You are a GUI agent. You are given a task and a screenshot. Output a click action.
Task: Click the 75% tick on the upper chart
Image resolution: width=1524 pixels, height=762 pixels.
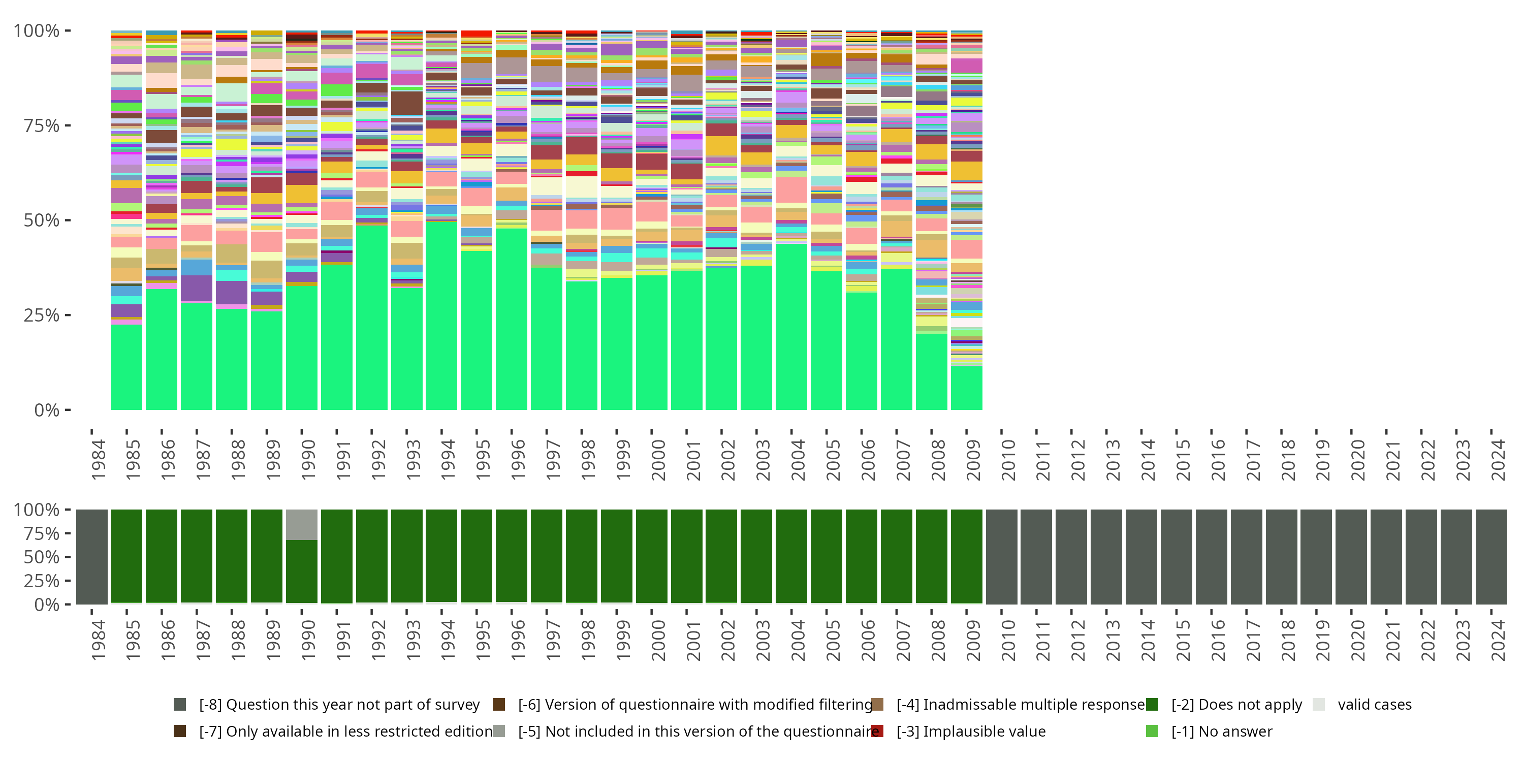click(x=41, y=125)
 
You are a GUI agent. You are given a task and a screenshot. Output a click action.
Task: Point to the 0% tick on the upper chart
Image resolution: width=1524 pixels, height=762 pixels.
click(x=46, y=410)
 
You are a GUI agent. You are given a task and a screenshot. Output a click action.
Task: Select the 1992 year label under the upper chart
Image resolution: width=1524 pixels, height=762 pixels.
click(x=377, y=460)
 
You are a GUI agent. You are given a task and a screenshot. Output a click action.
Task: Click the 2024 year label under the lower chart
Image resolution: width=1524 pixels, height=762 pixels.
click(x=1498, y=640)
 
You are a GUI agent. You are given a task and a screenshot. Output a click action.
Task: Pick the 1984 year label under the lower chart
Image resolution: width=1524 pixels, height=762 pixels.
click(x=98, y=640)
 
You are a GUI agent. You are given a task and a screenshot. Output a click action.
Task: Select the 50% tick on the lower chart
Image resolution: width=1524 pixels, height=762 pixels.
click(x=41, y=557)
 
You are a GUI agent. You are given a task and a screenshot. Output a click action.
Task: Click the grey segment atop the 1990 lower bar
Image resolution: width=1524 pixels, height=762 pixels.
click(x=302, y=524)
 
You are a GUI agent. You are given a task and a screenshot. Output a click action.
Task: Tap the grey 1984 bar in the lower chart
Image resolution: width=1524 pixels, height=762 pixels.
click(x=92, y=557)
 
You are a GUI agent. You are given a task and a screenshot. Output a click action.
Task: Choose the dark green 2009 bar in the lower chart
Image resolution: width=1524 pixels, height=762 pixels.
click(x=967, y=557)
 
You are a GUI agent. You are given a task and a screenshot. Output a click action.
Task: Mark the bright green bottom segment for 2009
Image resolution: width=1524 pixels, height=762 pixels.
click(x=967, y=388)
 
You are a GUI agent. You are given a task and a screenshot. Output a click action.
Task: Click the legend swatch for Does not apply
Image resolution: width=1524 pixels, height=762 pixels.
click(x=1152, y=705)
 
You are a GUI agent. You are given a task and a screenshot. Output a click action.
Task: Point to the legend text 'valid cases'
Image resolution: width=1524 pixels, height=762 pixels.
click(x=1374, y=705)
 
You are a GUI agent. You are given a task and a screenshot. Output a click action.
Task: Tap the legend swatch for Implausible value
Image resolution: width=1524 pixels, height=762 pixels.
click(x=877, y=731)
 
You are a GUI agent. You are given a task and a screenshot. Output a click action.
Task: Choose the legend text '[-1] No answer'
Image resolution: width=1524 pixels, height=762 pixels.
click(x=1222, y=731)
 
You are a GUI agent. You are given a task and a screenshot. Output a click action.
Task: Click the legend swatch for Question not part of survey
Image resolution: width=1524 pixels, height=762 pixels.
click(x=180, y=705)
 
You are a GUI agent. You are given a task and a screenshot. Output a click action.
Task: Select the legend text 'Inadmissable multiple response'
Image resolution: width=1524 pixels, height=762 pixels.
click(x=1021, y=705)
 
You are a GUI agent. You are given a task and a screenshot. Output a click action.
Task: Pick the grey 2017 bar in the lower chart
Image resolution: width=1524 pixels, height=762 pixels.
click(x=1247, y=557)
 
